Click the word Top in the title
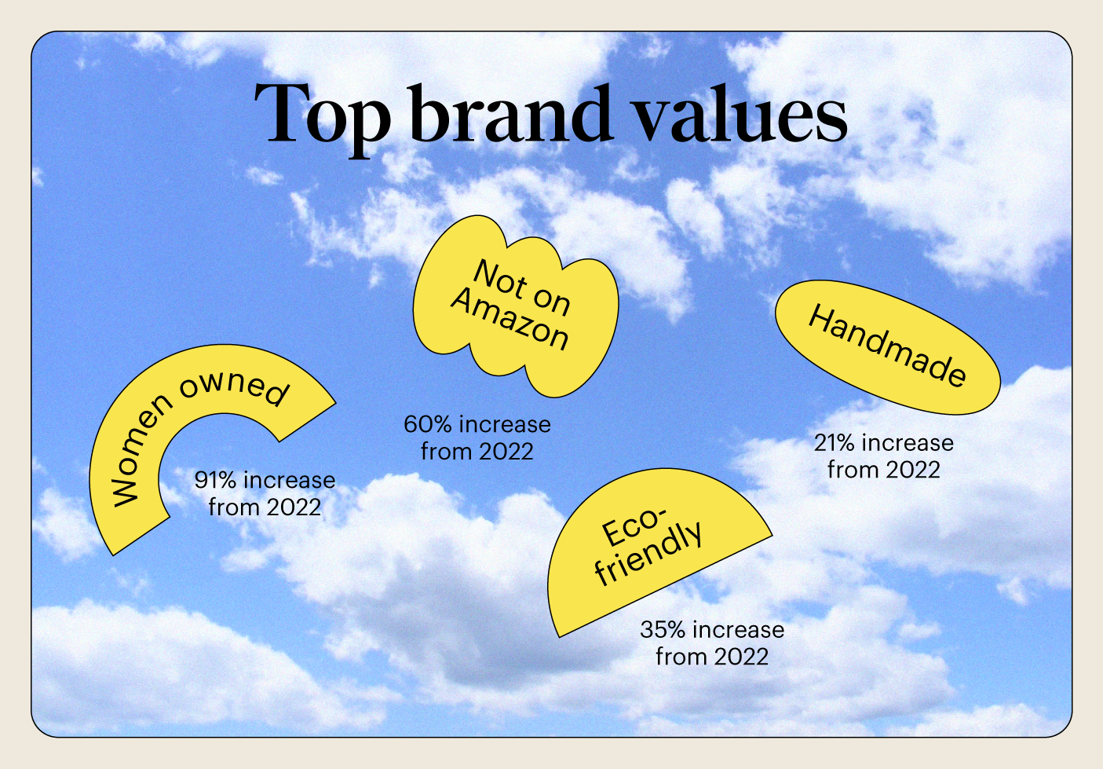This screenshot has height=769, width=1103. coord(323,119)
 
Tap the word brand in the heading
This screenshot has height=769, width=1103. coord(513,113)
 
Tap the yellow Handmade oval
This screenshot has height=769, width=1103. coord(887,347)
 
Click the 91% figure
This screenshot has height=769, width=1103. coord(216,480)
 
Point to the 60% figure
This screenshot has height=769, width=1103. coord(427,425)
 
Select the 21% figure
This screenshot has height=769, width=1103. coord(835,443)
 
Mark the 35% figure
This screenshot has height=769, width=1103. coord(663,630)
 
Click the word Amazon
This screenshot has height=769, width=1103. coord(509,319)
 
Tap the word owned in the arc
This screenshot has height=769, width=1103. coord(234,389)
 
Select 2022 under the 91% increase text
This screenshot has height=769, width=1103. coord(293,507)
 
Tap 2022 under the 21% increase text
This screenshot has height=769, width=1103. coord(912,470)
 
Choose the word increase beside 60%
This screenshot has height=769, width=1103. coord(504,425)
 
